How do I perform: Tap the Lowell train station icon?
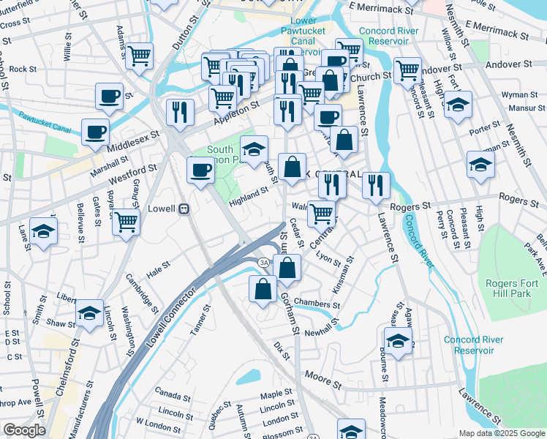(x=184, y=209)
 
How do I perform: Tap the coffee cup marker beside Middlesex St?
(x=95, y=132)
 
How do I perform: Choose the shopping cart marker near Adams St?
(x=138, y=55)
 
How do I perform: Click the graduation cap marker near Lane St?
(x=44, y=233)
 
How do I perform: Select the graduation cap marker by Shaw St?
(x=90, y=313)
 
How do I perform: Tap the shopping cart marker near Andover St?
(x=407, y=70)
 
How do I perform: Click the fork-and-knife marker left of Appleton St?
(x=179, y=111)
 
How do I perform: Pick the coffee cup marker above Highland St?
(x=201, y=170)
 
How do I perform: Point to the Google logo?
(x=24, y=430)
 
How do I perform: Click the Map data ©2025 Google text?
(x=502, y=433)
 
